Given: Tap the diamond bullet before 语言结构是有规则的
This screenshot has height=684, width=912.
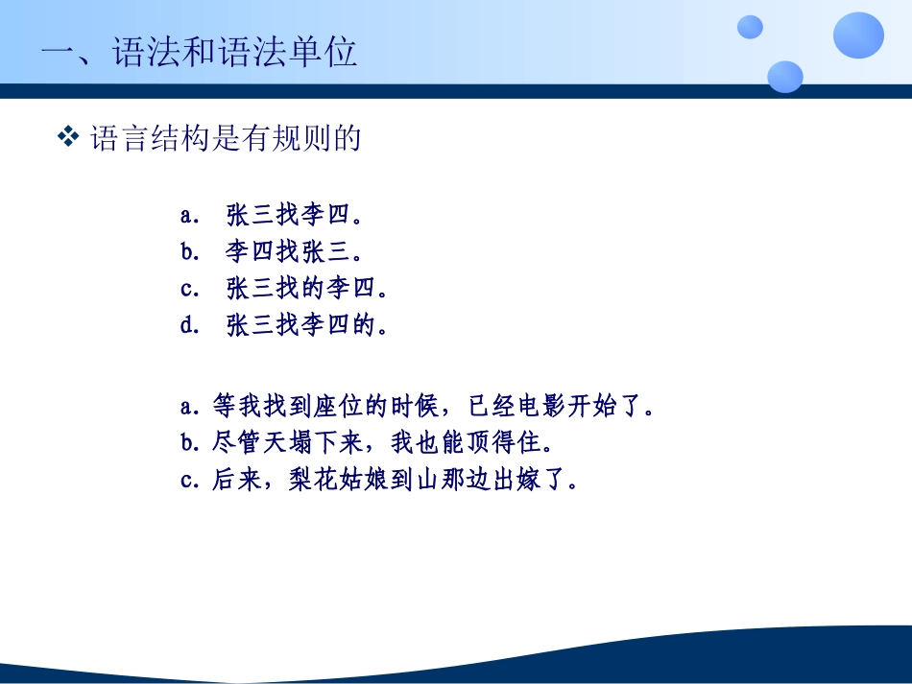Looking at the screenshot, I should (x=68, y=138).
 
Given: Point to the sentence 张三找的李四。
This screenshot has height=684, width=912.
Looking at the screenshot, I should (x=307, y=289).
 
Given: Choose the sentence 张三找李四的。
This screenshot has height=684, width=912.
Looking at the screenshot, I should (x=307, y=326).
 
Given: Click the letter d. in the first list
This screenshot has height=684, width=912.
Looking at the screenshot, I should (x=189, y=326).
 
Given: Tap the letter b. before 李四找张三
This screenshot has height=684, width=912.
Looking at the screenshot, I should (x=189, y=251).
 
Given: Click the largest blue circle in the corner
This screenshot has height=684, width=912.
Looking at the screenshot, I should (x=858, y=35).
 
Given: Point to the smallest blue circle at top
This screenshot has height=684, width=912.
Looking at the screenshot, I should (x=750, y=27).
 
